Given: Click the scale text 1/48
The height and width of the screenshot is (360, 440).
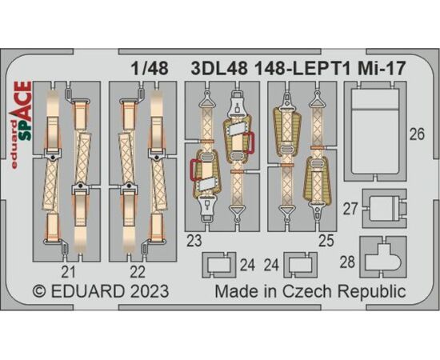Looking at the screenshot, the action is click(x=150, y=69).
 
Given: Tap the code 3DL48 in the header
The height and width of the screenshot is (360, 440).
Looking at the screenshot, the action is click(x=219, y=69).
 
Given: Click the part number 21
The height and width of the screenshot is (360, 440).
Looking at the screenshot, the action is click(x=69, y=272).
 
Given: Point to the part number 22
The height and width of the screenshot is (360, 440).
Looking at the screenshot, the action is click(x=138, y=272).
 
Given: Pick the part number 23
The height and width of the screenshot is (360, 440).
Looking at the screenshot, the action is click(x=194, y=241).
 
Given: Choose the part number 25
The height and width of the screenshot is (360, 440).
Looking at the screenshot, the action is click(x=326, y=241).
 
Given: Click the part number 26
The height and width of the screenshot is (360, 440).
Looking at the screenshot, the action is click(x=417, y=134).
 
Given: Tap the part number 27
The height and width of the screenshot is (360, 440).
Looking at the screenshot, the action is click(x=350, y=209).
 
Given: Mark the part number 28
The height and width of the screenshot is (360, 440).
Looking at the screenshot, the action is click(x=347, y=262).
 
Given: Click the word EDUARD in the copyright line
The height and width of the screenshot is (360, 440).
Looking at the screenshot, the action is click(x=87, y=291).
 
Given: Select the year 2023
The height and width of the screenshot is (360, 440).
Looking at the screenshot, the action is click(x=149, y=291).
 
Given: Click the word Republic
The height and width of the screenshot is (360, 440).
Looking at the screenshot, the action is click(x=372, y=292).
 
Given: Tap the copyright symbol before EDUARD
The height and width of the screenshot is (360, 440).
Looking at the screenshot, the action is click(x=39, y=291).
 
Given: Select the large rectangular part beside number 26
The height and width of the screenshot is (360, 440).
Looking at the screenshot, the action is click(x=375, y=131).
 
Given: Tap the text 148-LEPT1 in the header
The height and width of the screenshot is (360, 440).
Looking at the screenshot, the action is click(x=302, y=69).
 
